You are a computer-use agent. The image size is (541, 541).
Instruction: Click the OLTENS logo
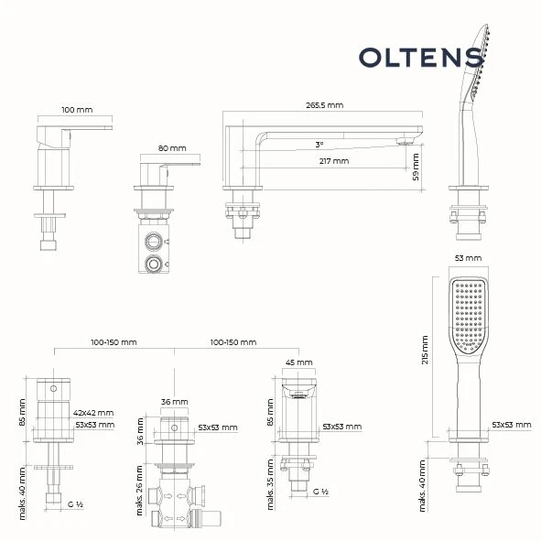pyautogui.click(x=422, y=58)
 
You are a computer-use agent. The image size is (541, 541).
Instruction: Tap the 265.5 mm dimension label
pyautogui.click(x=325, y=105)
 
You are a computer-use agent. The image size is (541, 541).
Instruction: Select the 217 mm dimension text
pyautogui.click(x=334, y=161)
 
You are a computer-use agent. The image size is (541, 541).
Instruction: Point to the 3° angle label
pyautogui.click(x=319, y=145)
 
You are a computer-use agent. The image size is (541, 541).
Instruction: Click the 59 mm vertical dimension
pyautogui.click(x=416, y=167)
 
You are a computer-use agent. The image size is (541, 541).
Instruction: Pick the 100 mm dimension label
pyautogui.click(x=77, y=110)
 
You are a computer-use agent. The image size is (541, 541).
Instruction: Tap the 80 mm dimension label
pyautogui.click(x=172, y=148)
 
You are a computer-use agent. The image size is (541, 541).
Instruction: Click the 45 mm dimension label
pyautogui.click(x=298, y=362)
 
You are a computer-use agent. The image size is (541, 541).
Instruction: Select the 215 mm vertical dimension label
pyautogui.click(x=425, y=350)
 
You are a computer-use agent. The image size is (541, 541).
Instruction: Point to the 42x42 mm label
pyautogui.click(x=93, y=413)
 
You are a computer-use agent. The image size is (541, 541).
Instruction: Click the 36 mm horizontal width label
pyautogui.click(x=174, y=402)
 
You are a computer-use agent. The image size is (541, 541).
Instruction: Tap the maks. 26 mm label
pyautogui.click(x=139, y=491)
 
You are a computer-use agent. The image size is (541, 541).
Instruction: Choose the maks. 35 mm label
pyautogui.click(x=270, y=484)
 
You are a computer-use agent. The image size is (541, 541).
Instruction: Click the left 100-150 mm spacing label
pyautogui.click(x=114, y=342)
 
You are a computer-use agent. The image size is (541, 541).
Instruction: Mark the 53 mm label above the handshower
pyautogui.click(x=468, y=258)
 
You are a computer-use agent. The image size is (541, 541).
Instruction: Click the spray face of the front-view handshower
pyautogui.click(x=469, y=315)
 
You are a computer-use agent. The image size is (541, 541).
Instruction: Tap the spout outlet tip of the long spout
pyautogui.click(x=405, y=142)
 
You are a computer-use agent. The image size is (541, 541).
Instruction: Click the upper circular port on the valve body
pyautogui.click(x=153, y=241)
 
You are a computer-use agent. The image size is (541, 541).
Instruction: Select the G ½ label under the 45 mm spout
pyautogui.click(x=320, y=492)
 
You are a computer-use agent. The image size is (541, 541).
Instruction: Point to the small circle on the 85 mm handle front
pyautogui.click(x=53, y=388)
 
